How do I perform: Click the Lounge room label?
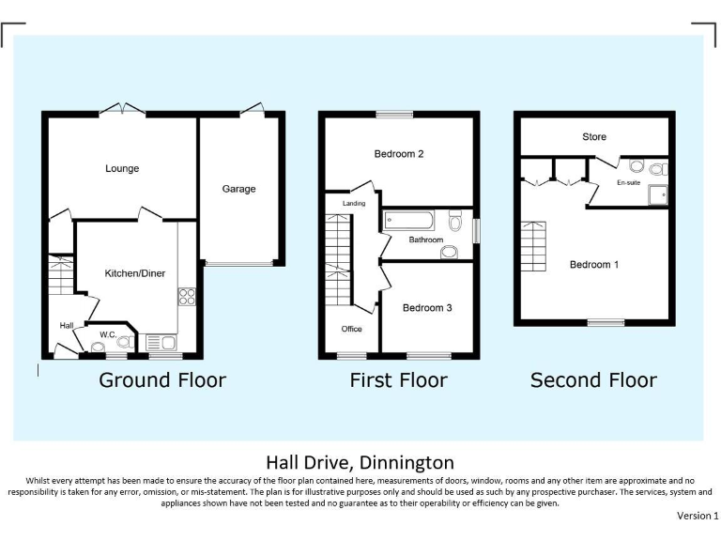point(122,169)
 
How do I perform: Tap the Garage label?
point(238,189)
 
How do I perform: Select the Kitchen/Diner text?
point(135,273)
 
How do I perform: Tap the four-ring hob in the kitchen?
point(186,297)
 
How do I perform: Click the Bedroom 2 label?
point(399,154)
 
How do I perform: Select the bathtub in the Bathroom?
point(408,223)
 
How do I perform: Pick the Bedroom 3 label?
point(427,308)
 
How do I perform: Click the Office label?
point(352,329)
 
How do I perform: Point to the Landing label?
point(354,203)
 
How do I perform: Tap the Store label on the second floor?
point(594,137)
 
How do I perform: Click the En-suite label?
point(628,182)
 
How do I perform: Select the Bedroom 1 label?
point(594,265)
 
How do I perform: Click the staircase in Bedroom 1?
point(532,245)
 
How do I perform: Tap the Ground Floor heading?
point(162,380)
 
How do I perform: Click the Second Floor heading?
point(593,380)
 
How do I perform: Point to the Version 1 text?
point(698,516)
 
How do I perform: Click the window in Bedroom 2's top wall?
point(394,115)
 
